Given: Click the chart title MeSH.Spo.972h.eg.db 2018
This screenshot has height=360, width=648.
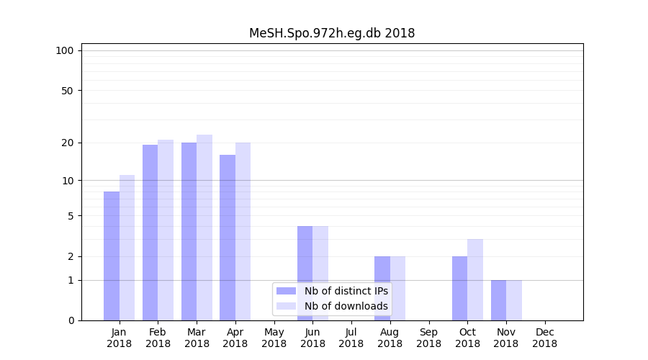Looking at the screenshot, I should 332,33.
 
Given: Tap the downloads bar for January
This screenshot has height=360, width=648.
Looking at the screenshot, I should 127,248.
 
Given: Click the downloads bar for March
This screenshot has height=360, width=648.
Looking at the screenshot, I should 204,228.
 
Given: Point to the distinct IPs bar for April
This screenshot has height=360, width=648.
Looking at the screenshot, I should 228,238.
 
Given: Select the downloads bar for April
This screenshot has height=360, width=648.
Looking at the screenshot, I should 243,231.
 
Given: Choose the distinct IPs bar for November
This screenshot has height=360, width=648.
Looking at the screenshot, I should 498,300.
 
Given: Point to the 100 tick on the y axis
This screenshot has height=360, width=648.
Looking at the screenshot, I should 65,50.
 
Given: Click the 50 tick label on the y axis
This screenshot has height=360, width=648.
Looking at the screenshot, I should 68,91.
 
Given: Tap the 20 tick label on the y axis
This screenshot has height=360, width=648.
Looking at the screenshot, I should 68,143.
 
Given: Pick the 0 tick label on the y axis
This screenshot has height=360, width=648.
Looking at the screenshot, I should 71,320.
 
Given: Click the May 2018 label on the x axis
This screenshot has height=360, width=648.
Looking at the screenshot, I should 274,338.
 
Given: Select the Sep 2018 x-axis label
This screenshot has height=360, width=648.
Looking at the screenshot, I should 428,338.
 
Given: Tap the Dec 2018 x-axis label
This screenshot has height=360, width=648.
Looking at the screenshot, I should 544,338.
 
